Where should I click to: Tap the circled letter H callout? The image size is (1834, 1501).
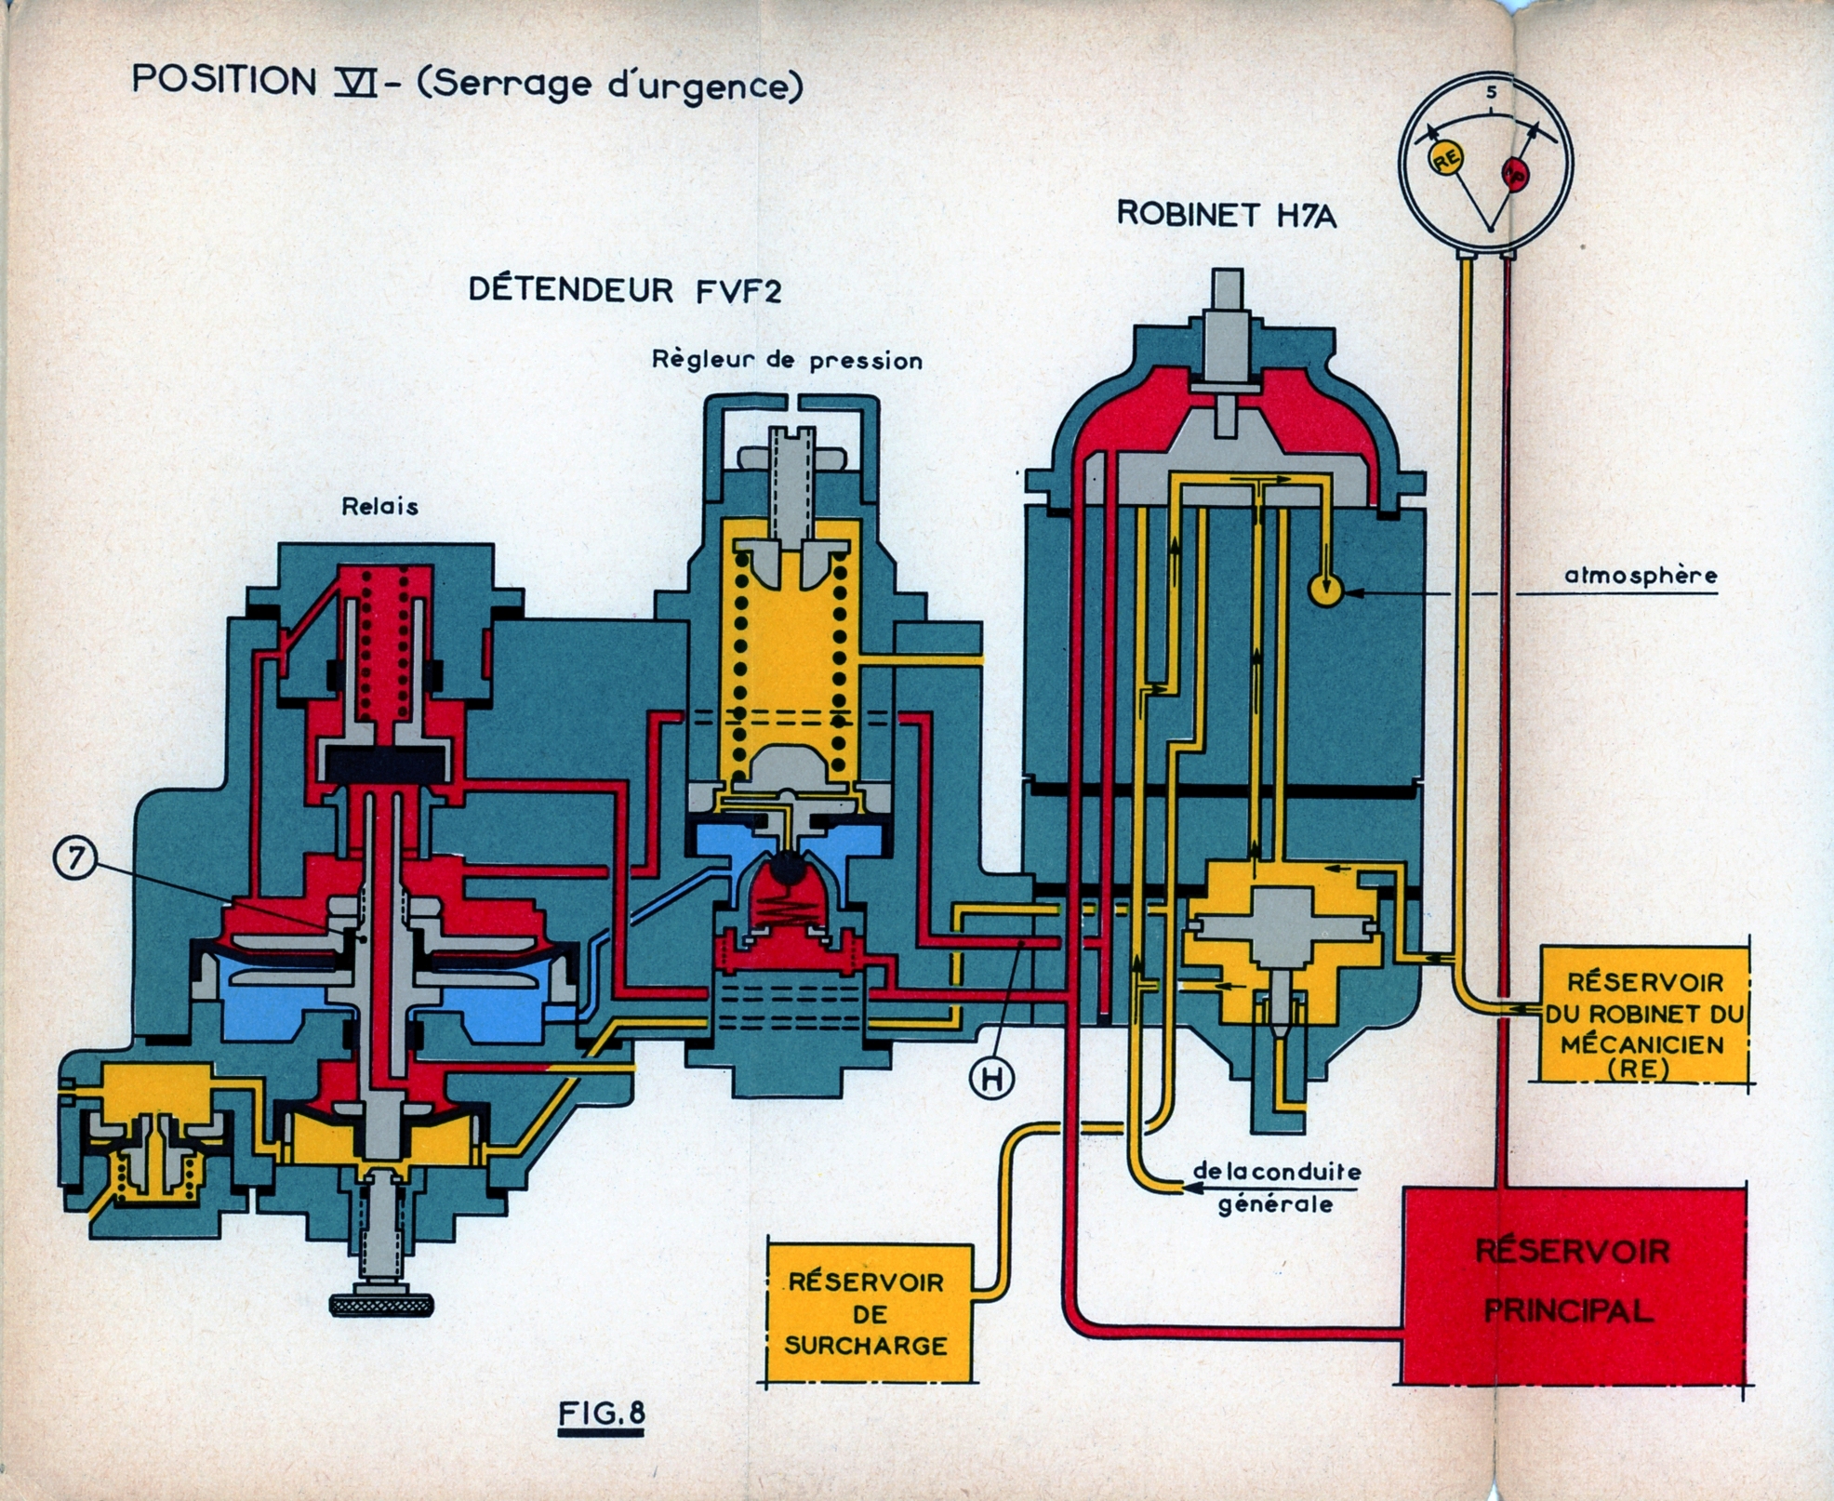pyautogui.click(x=991, y=1078)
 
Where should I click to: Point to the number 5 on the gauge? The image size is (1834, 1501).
pyautogui.click(x=1491, y=92)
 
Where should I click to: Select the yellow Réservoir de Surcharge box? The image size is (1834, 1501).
pyautogui.click(x=867, y=1313)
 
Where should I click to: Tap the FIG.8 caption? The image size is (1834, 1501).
pyautogui.click(x=602, y=1415)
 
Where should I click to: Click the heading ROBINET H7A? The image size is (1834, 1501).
pyautogui.click(x=1226, y=215)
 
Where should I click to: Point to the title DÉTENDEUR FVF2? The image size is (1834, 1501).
pyautogui.click(x=625, y=290)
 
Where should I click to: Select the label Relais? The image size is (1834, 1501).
pyautogui.click(x=379, y=507)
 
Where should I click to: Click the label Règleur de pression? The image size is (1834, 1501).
pyautogui.click(x=787, y=361)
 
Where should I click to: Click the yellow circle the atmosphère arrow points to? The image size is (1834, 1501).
pyautogui.click(x=1325, y=590)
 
